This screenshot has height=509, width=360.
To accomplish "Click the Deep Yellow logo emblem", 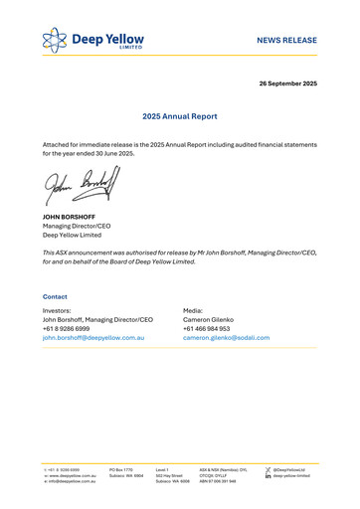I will pyautogui.click(x=57, y=41).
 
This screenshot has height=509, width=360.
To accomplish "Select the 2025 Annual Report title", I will pyautogui.click(x=180, y=116).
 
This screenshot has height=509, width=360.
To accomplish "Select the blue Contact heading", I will pyautogui.click(x=55, y=297).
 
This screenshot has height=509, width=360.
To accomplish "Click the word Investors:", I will pyautogui.click(x=58, y=310).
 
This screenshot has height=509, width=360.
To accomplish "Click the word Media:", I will pyautogui.click(x=193, y=310).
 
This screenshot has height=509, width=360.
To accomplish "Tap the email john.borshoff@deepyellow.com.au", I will pyautogui.click(x=94, y=338).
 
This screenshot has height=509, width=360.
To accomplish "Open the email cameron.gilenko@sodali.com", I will pyautogui.click(x=226, y=338).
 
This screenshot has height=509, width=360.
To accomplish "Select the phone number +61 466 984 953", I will pyautogui.click(x=206, y=329).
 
